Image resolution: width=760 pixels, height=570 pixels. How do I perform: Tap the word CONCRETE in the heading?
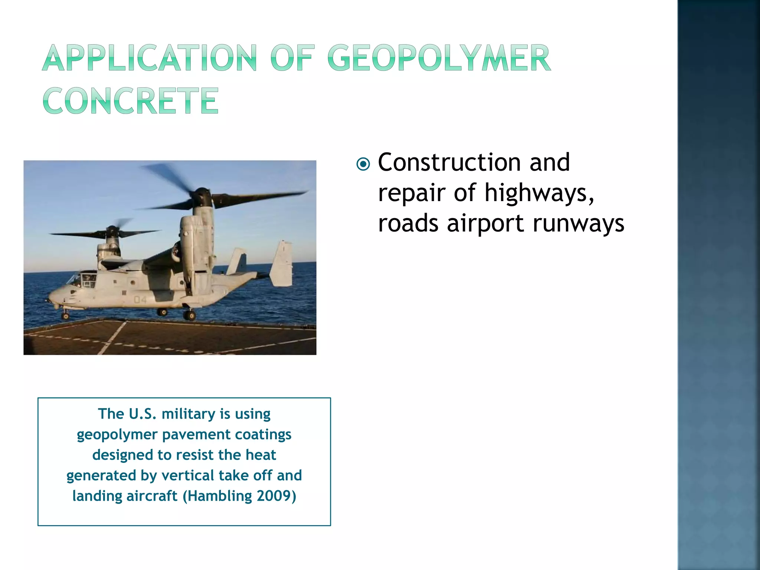[131, 101]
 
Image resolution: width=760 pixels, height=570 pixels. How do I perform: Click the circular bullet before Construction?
[363, 164]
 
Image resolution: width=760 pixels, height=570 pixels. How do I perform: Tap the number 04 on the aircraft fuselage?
[140, 299]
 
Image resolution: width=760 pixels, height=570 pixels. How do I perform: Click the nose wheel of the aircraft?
[66, 316]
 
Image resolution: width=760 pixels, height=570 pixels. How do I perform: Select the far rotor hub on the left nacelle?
[111, 232]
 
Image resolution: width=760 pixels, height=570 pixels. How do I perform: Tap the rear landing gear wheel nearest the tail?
[190, 316]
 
